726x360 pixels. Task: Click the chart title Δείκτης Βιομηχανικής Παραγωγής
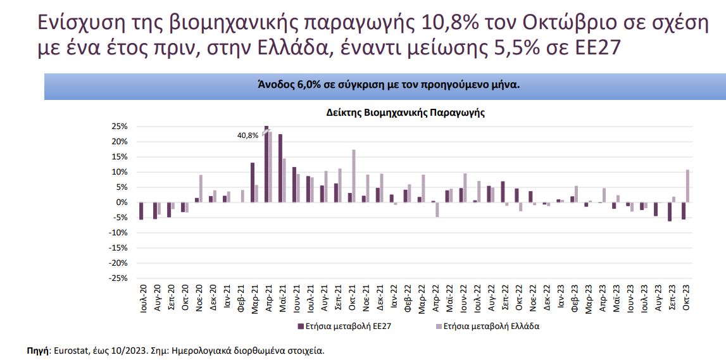(x=405, y=113)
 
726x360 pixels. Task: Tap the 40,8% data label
(x=247, y=135)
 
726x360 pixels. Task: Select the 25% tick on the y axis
(x=120, y=127)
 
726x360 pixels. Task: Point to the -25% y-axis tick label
(x=119, y=278)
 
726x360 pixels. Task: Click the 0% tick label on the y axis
(x=122, y=202)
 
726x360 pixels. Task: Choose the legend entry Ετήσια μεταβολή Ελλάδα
(x=487, y=326)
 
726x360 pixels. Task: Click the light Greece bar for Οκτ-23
(x=687, y=186)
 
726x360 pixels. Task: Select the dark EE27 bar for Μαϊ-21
(x=280, y=168)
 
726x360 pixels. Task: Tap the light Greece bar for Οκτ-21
(x=354, y=176)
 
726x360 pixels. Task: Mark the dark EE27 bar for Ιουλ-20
(x=141, y=211)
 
